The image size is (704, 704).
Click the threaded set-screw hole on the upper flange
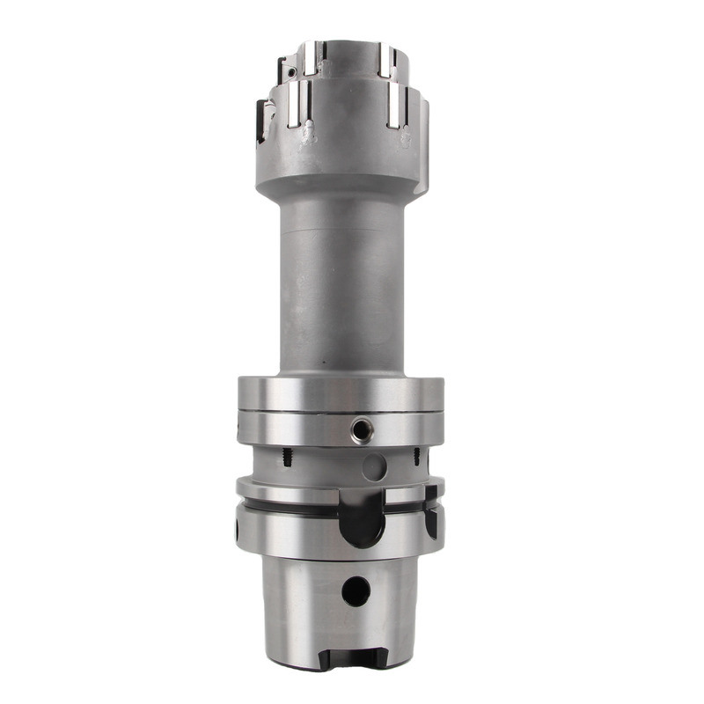pos(360,429)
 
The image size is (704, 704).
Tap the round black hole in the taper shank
pos(356,590)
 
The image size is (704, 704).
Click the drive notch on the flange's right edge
pos(431,520)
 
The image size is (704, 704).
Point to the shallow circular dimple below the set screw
pos(375,466)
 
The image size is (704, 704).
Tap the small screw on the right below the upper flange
pos(415,457)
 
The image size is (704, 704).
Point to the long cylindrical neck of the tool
pos(339,282)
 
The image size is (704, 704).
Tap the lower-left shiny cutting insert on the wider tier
pos(298,104)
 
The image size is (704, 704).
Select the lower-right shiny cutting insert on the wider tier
pos(395,106)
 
